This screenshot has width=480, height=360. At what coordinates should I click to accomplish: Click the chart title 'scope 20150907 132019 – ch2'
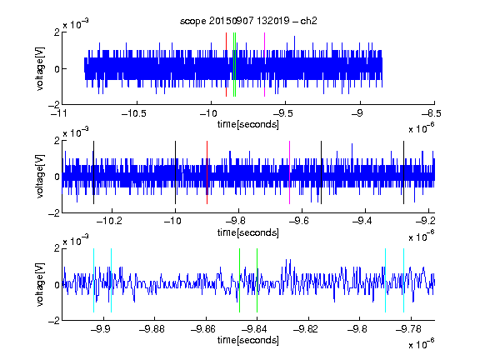tap(248, 21)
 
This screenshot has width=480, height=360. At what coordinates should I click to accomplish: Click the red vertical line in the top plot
tap(226, 65)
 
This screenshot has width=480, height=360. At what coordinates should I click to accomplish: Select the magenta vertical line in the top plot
tap(264, 65)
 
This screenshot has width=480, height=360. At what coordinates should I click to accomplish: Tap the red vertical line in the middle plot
tap(207, 172)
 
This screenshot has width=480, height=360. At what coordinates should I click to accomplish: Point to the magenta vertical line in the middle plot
tap(290, 172)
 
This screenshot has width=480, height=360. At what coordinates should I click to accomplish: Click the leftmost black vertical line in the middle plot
tap(93, 172)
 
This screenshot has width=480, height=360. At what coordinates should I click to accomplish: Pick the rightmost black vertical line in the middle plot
tap(403, 172)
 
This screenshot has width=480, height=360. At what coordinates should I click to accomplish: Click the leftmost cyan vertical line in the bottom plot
tap(93, 280)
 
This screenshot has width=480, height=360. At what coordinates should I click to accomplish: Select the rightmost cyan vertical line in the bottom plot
tap(403, 280)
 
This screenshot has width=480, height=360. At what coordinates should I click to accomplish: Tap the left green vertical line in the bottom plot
tap(239, 280)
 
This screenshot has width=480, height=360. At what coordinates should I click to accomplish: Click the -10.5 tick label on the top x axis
tap(134, 113)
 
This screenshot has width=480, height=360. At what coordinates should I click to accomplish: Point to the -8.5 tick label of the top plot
tap(432, 113)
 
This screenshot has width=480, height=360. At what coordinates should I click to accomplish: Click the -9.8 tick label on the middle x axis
tap(238, 220)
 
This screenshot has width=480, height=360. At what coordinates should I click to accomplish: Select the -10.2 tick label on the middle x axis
tap(109, 220)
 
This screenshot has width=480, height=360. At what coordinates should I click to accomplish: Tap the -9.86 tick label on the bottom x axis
tap(203, 329)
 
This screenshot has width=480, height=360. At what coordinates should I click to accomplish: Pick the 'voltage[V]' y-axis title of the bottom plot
tap(40, 285)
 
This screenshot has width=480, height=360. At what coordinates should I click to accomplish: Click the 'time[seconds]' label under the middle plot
tap(248, 232)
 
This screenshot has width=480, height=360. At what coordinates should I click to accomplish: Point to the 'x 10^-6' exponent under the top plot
tap(422, 127)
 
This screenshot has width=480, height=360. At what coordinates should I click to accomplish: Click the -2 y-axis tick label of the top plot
tap(54, 105)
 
